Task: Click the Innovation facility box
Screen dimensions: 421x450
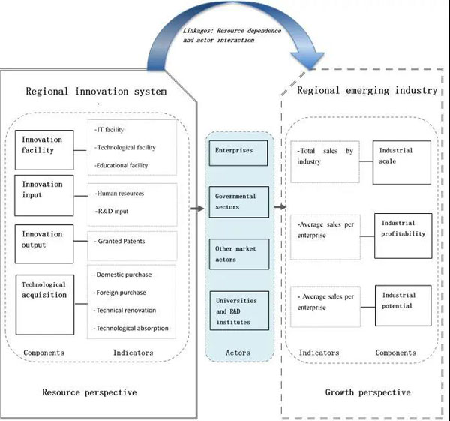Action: [44, 145]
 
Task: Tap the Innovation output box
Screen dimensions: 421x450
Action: [44, 240]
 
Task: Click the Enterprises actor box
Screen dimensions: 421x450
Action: [231, 151]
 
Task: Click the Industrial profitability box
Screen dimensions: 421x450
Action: [403, 234]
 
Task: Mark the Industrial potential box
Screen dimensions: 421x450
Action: [403, 306]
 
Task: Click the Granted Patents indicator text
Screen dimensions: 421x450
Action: [122, 241]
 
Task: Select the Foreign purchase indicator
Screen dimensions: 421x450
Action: [121, 293]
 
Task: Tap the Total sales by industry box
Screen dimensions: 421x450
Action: [328, 161]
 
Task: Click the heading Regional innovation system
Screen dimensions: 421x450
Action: [96, 92]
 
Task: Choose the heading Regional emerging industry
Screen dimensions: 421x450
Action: [367, 90]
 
